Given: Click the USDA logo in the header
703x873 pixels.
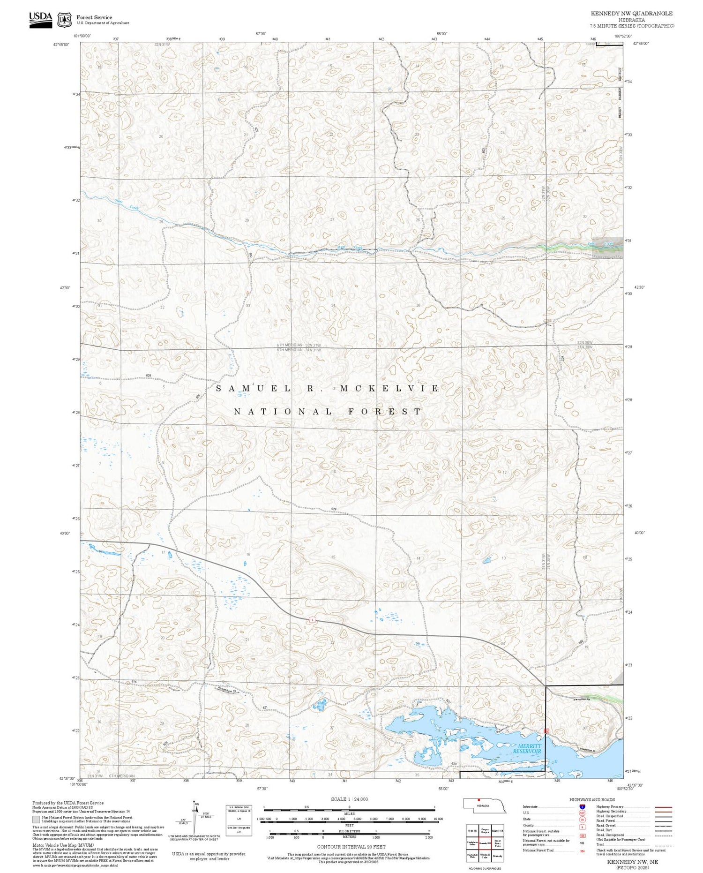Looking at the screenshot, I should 41,20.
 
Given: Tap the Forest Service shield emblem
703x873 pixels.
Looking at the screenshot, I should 64,20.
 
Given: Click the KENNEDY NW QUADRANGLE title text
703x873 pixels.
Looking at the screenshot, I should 631,14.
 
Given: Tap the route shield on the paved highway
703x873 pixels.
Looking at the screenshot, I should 312,620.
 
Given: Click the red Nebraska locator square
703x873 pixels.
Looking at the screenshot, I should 479,799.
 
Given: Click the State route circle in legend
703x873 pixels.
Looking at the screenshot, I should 583,819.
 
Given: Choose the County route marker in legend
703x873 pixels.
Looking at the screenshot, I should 583,825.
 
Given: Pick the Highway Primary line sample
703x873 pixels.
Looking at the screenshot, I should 662,807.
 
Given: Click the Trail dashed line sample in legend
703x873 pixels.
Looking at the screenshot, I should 662,844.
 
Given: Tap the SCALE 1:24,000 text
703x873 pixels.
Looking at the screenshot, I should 349,799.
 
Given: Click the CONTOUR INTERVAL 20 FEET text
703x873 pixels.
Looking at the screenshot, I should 351,847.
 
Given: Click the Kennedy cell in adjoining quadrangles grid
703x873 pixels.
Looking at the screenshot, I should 498,856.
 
